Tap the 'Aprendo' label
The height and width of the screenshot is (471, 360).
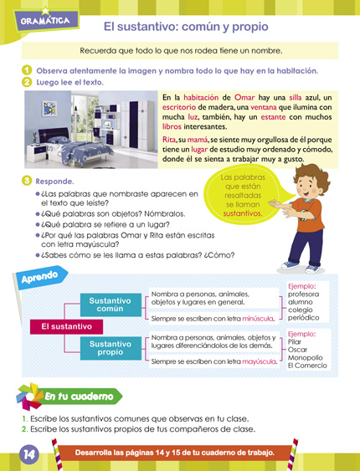(x=39, y=275)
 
